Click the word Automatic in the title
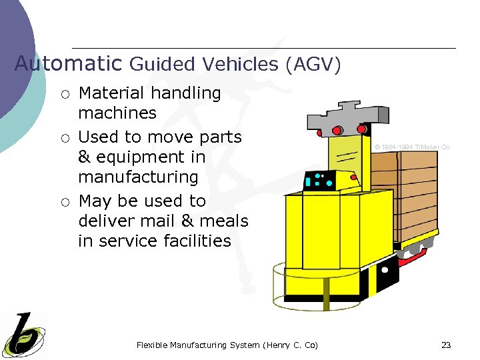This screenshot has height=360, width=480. pos(68,63)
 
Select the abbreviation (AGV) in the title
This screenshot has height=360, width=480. pos(313,65)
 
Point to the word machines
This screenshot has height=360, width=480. pos(117,113)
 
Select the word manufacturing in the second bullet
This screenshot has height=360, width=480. pos(138,177)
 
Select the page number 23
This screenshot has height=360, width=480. pos(446,345)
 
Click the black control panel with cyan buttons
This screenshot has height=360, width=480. pos(319,179)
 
